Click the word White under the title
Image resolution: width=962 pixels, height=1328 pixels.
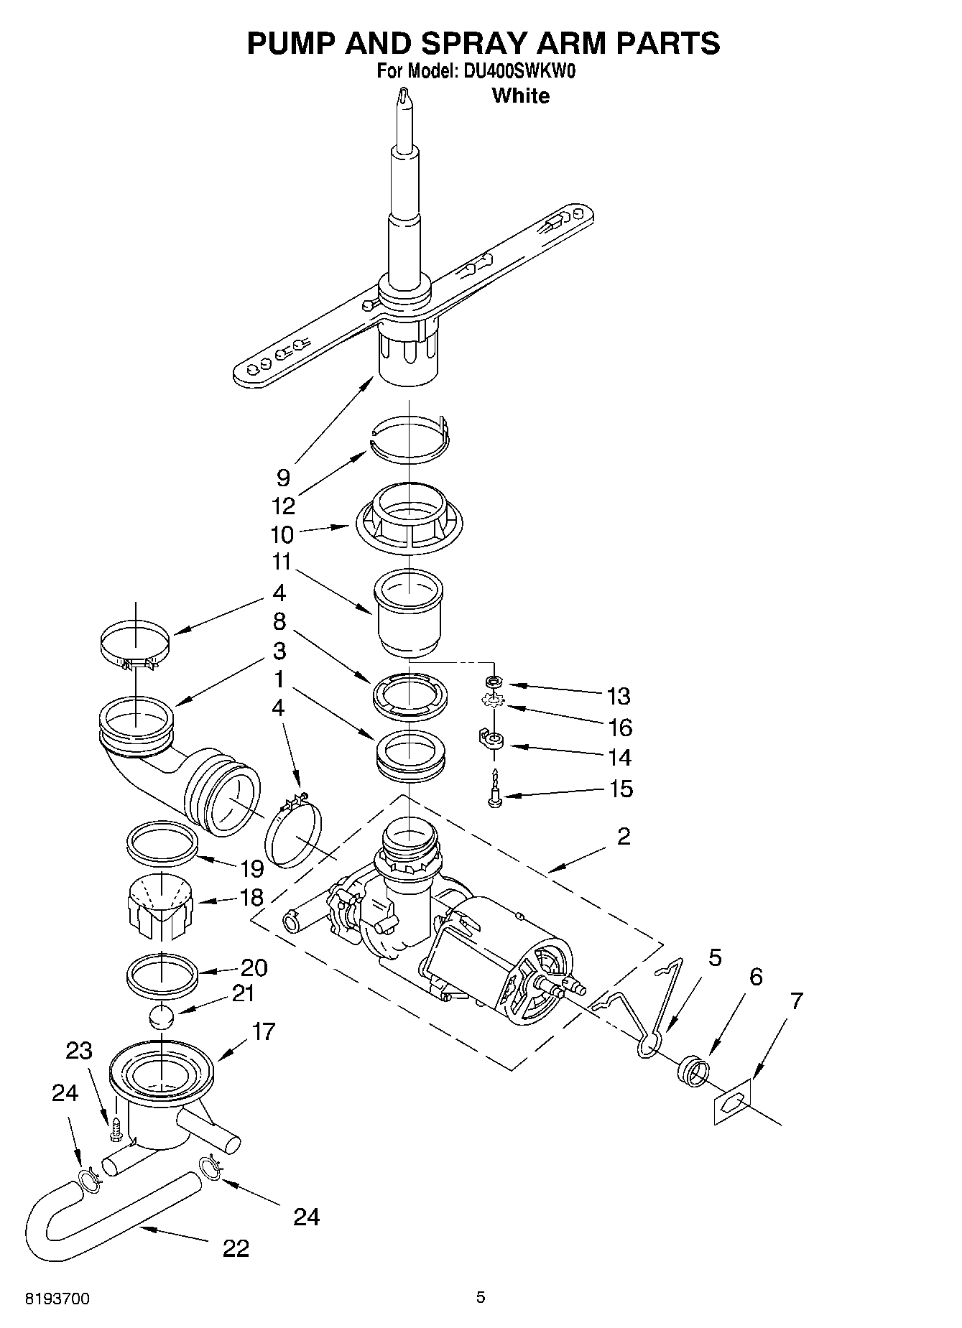pyautogui.click(x=520, y=96)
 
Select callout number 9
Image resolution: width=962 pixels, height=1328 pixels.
pyautogui.click(x=283, y=478)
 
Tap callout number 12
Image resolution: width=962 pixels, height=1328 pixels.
pyautogui.click(x=283, y=506)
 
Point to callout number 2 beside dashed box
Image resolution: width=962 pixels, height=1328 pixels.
pyautogui.click(x=624, y=835)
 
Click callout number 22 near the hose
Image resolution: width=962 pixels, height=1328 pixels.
pyautogui.click(x=235, y=1248)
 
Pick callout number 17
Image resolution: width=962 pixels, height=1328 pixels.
pyautogui.click(x=264, y=1032)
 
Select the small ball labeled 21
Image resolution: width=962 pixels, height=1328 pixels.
pyautogui.click(x=164, y=1018)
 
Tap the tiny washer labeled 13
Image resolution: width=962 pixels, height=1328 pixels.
pyautogui.click(x=493, y=680)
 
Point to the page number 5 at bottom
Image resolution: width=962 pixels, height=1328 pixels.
pyautogui.click(x=481, y=1297)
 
